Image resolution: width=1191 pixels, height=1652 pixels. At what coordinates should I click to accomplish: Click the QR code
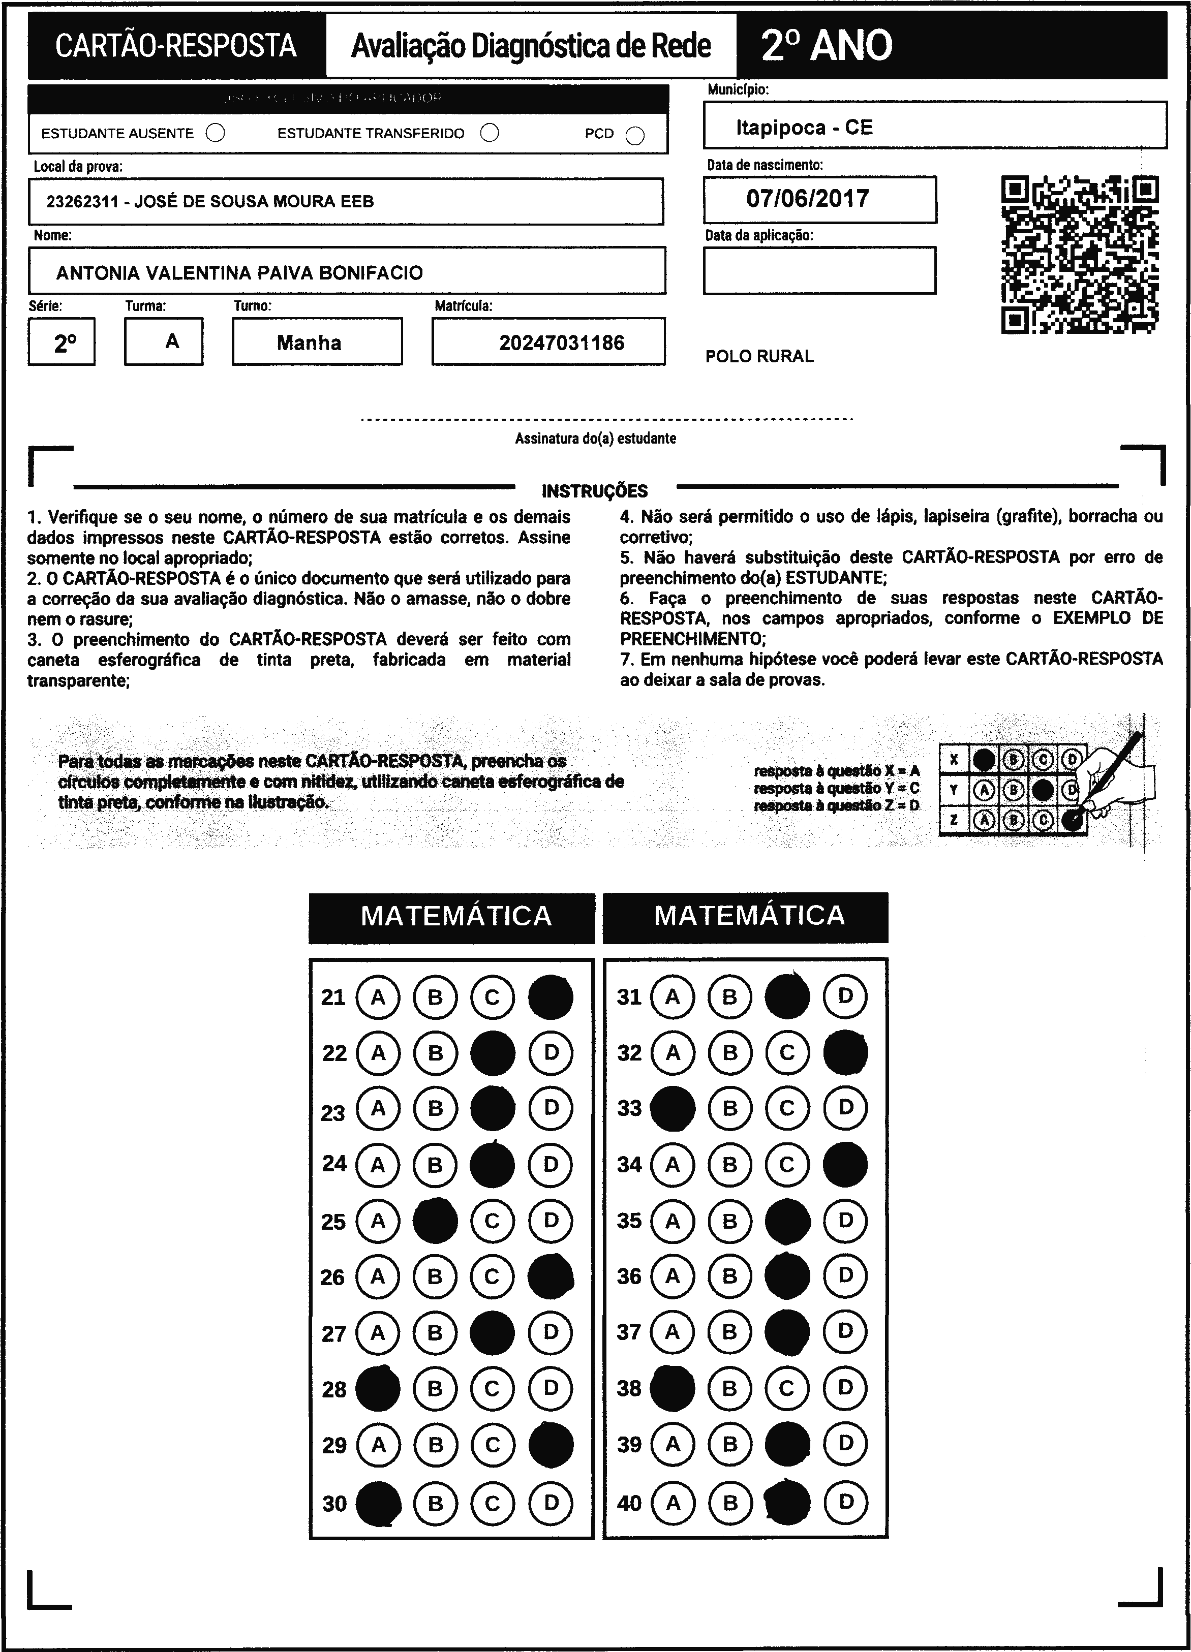pyautogui.click(x=1080, y=254)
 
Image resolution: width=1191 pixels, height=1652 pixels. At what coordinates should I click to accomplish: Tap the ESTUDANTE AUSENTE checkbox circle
pyautogui.click(x=216, y=133)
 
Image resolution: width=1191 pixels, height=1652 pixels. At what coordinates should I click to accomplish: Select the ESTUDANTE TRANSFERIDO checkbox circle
pyautogui.click(x=490, y=133)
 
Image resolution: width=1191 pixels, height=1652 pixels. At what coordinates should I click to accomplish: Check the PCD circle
pyautogui.click(x=635, y=136)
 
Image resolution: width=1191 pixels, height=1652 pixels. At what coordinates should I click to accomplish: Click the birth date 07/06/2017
pyautogui.click(x=807, y=199)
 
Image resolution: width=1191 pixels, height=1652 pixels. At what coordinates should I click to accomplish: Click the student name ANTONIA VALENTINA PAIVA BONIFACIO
pyautogui.click(x=239, y=273)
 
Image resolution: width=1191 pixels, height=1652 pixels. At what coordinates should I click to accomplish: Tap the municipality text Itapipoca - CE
pyautogui.click(x=804, y=128)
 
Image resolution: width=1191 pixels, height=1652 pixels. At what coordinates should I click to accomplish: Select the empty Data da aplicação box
pyautogui.click(x=819, y=270)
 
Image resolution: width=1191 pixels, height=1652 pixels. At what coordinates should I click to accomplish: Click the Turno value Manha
pyautogui.click(x=309, y=343)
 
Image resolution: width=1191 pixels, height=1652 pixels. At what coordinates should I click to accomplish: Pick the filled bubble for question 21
pyautogui.click(x=550, y=997)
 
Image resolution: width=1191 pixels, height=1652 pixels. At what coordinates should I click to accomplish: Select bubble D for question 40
pyautogui.click(x=845, y=1502)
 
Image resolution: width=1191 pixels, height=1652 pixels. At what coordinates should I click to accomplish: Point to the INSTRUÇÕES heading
pyautogui.click(x=594, y=491)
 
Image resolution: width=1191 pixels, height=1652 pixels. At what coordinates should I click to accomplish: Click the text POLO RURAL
pyautogui.click(x=759, y=357)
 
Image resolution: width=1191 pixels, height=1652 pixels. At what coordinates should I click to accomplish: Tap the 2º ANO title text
pyautogui.click(x=826, y=46)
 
